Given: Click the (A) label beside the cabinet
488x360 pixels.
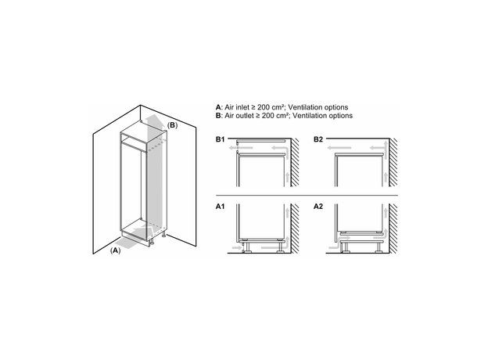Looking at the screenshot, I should tap(115, 250).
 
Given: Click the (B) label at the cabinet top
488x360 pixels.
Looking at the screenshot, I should tap(173, 125).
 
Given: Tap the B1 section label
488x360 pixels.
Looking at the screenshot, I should tap(221, 139).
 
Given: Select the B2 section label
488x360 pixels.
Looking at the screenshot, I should tap(318, 139).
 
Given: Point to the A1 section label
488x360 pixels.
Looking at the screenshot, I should tap(221, 207).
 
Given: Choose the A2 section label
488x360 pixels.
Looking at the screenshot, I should tap(318, 207).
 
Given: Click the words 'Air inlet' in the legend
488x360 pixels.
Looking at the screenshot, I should tap(239, 106).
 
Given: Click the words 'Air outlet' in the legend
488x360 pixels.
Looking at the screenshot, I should tap(241, 115).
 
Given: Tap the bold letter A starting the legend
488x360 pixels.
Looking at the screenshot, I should tap(218, 106).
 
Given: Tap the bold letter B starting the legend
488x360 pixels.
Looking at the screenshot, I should tap(218, 115).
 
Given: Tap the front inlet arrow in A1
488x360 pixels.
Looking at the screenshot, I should tap(232, 246).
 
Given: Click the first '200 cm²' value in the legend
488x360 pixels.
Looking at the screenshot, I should tap(285, 106).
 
